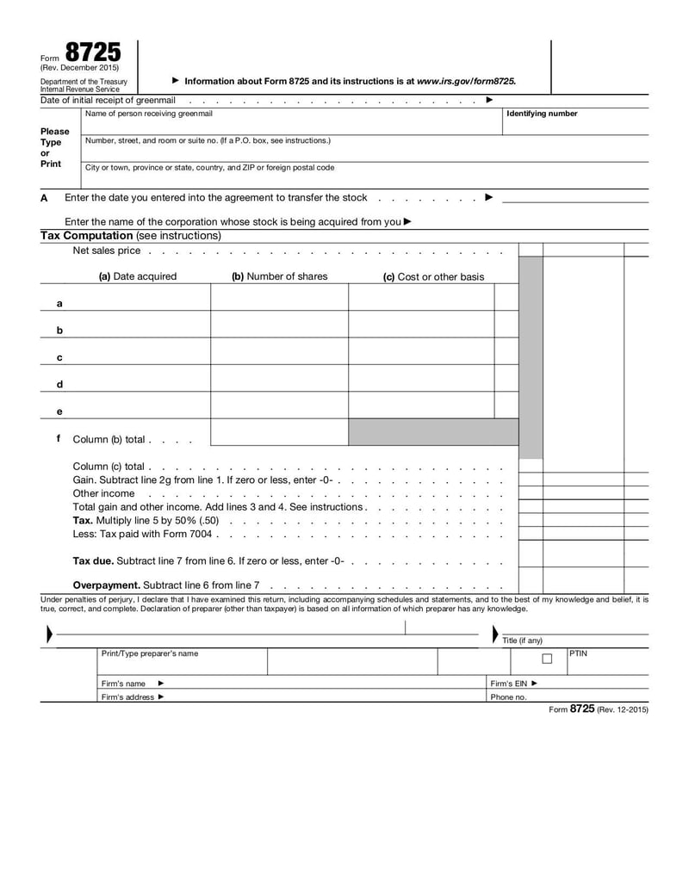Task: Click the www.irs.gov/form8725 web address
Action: tap(466, 81)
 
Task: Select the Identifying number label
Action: tap(542, 114)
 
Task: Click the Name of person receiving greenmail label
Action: tap(149, 114)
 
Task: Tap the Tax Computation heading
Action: tap(86, 235)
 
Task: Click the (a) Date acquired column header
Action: tap(138, 276)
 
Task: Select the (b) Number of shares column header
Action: tap(280, 276)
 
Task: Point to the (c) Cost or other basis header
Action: tap(433, 276)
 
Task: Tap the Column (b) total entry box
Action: tap(279, 432)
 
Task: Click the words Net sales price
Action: tap(106, 251)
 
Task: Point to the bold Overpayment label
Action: tap(106, 585)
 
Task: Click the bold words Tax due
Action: tap(93, 560)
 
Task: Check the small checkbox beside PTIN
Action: tap(546, 659)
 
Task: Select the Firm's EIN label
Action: tap(509, 684)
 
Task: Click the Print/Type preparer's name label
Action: tap(149, 653)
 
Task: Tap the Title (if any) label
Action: tap(522, 640)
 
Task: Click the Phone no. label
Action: tap(508, 697)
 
